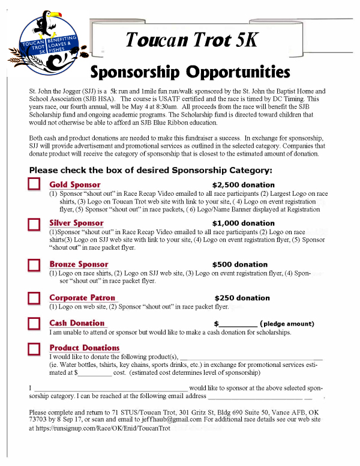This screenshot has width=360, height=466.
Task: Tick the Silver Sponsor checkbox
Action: click(34, 224)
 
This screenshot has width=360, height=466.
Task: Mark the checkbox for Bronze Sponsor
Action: click(34, 265)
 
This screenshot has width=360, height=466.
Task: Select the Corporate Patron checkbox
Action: click(34, 298)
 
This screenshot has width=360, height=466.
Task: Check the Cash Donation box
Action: click(34, 324)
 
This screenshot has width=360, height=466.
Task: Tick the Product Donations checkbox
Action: click(34, 348)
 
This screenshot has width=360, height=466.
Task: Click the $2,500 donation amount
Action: click(244, 185)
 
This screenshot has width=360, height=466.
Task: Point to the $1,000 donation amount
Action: click(244, 223)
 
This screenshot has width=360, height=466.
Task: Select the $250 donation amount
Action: click(242, 298)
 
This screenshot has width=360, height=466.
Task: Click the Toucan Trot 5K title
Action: click(191, 40)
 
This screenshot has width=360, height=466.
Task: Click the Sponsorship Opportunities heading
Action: click(190, 72)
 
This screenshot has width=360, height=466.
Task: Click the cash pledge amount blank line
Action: click(238, 325)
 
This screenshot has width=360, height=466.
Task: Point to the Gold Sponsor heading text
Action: click(74, 185)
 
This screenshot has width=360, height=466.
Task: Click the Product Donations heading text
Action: click(84, 348)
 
